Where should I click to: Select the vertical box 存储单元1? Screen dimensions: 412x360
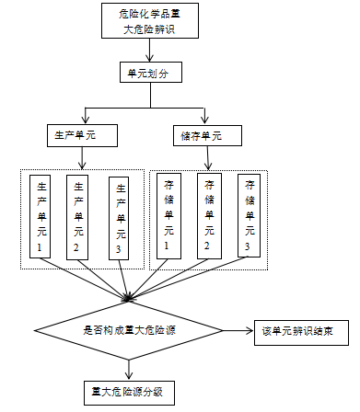[x=168, y=216]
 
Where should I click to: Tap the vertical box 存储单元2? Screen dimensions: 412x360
[x=208, y=216]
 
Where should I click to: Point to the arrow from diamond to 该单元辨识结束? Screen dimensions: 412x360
[x=236, y=329]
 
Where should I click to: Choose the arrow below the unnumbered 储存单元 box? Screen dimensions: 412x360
[x=207, y=158]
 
